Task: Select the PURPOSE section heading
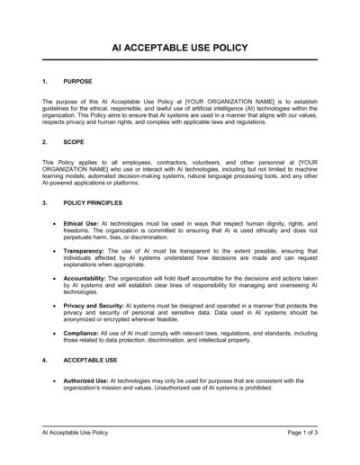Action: tap(77, 82)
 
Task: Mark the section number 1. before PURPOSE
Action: tap(46, 82)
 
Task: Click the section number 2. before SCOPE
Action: tap(46, 143)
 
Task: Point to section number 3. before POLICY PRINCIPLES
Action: tap(46, 203)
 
